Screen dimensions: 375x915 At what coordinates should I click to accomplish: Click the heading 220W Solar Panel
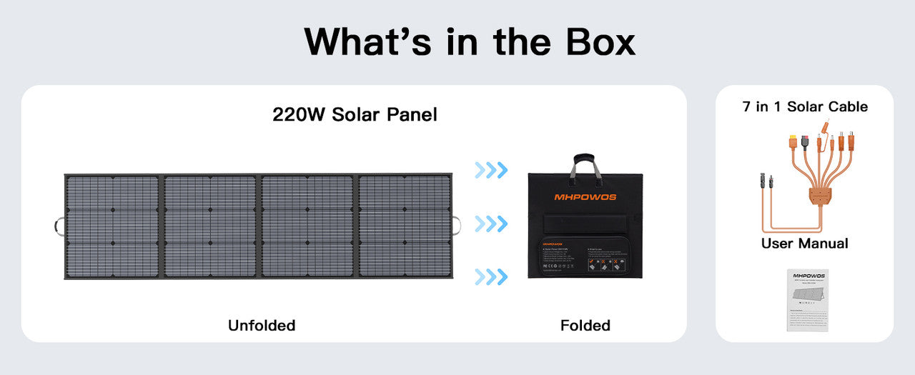click(355, 114)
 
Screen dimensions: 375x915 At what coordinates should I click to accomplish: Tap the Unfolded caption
click(262, 326)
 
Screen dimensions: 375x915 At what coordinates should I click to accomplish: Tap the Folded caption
click(585, 326)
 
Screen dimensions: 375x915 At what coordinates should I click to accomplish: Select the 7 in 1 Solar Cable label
click(805, 107)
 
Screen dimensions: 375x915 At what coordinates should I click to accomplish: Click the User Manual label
click(804, 244)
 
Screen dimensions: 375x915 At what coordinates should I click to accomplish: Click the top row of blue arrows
click(491, 170)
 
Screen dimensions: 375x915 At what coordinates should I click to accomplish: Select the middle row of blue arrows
click(491, 224)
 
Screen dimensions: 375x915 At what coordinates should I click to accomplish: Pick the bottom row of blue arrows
click(491, 276)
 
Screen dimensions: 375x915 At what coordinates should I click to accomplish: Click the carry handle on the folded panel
click(585, 164)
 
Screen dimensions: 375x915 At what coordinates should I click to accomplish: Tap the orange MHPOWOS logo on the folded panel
click(585, 197)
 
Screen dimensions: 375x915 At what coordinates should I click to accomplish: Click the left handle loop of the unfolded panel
click(59, 226)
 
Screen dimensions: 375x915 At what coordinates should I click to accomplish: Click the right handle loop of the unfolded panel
click(456, 226)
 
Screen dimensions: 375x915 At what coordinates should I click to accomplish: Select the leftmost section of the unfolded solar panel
click(112, 226)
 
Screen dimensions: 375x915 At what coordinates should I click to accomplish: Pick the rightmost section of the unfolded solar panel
click(404, 226)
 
